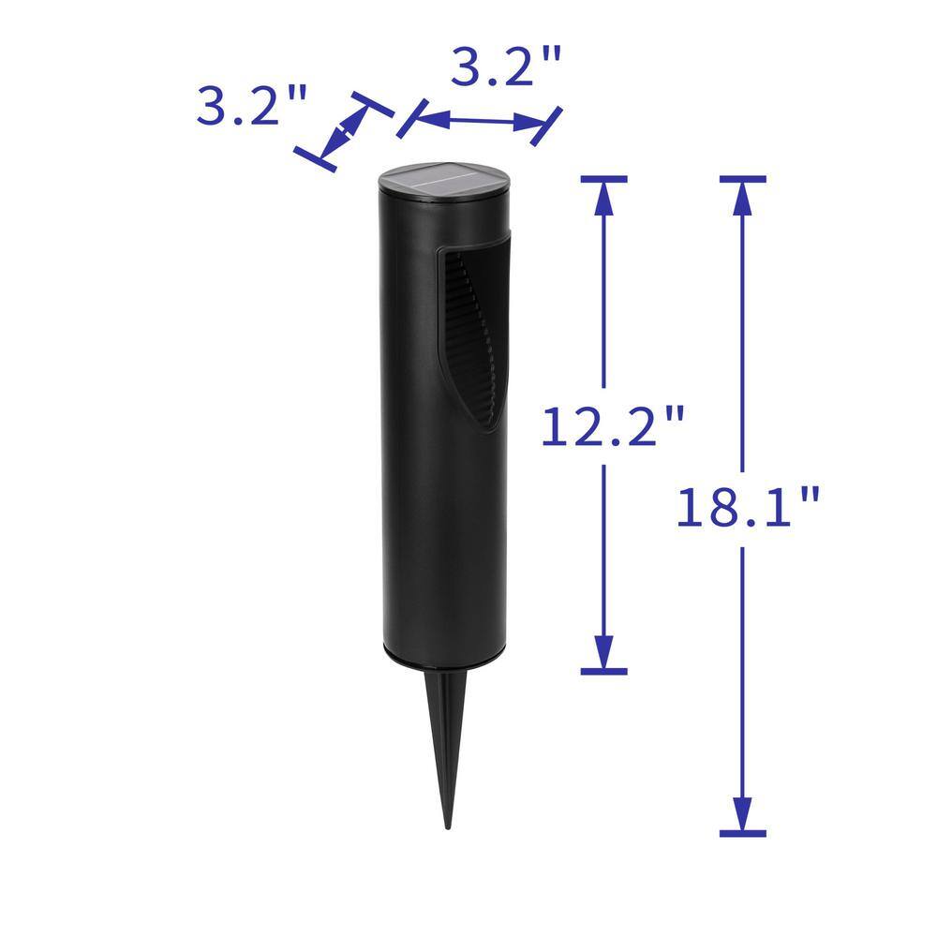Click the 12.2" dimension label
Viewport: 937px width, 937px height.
click(613, 426)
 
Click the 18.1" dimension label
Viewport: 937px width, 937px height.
click(748, 507)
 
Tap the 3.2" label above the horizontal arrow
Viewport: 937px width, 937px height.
click(506, 66)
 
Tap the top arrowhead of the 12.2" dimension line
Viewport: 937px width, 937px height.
click(603, 198)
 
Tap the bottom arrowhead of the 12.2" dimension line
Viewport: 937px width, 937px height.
click(603, 651)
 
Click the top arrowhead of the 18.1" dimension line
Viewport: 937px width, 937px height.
click(742, 198)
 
